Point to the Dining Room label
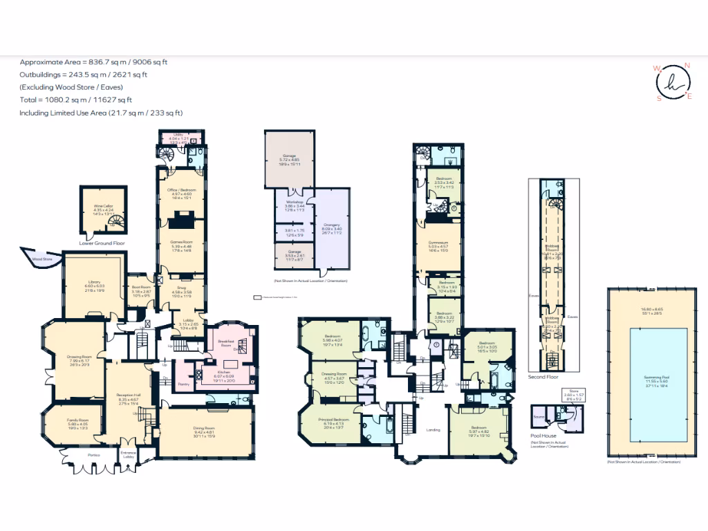[x=205, y=429]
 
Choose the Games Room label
[x=183, y=242]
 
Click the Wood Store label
[x=42, y=259]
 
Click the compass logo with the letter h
[x=671, y=82]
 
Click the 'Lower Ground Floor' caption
[x=102, y=243]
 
